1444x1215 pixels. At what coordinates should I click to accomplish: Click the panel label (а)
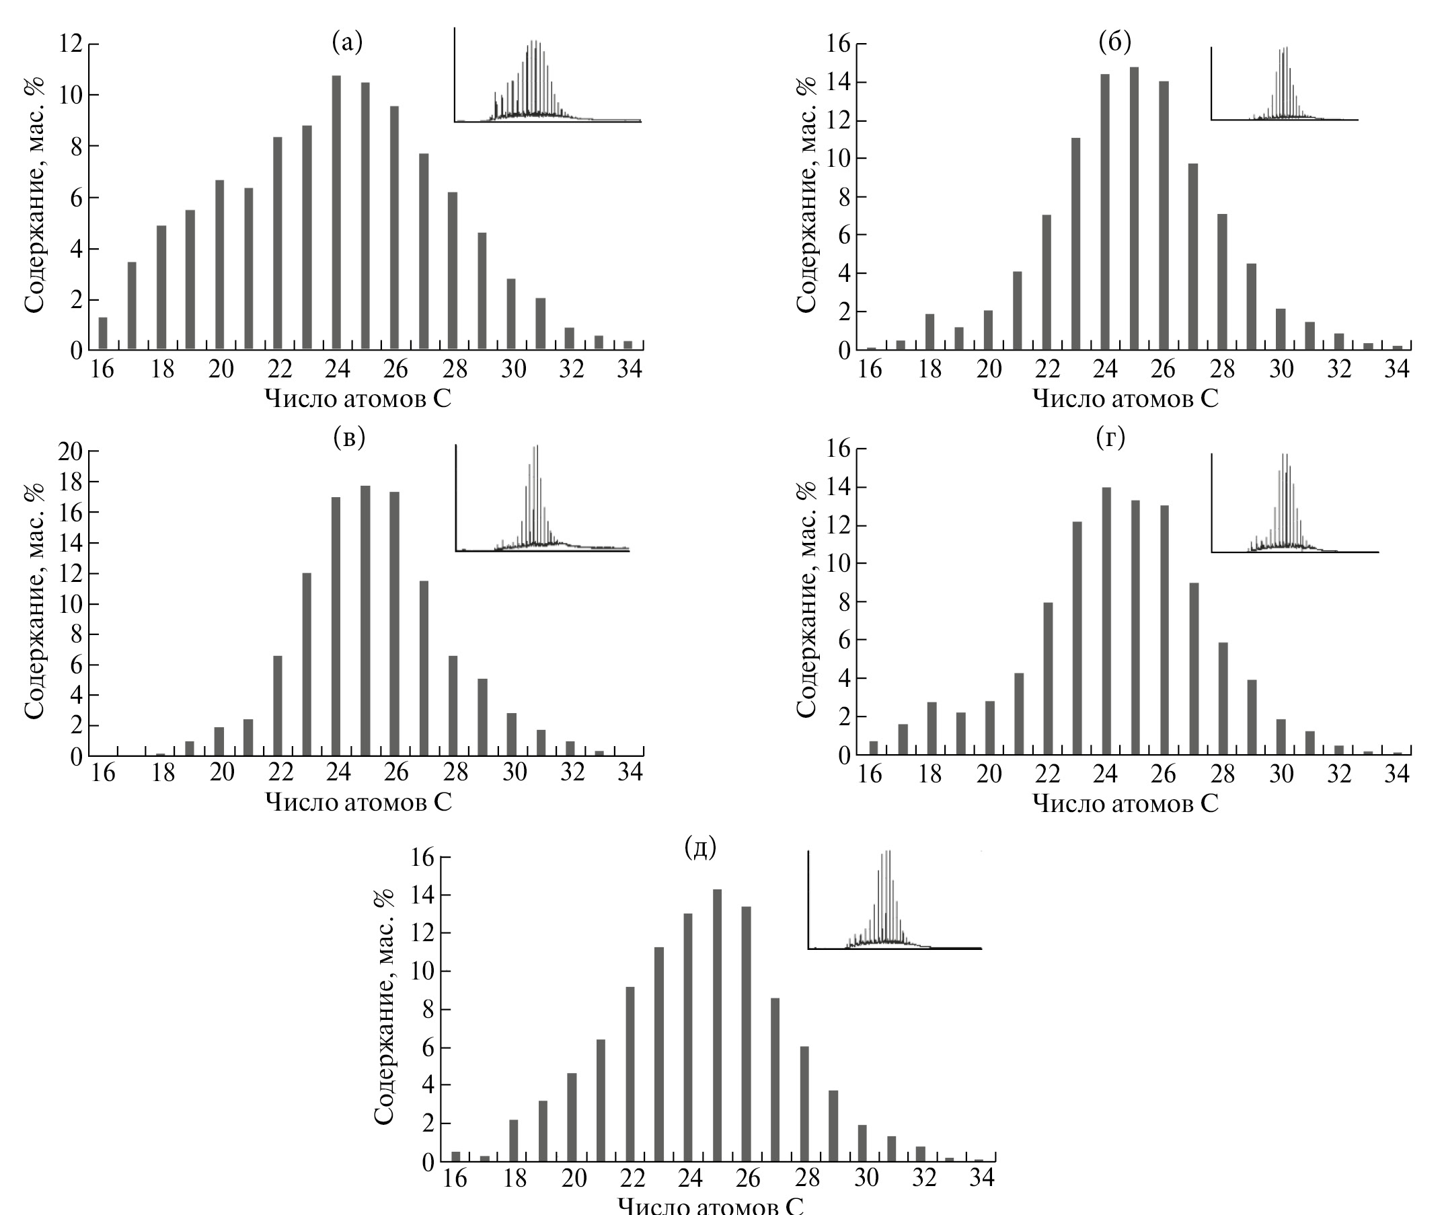pos(347,42)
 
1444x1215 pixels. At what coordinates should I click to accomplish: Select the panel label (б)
pos(1115,42)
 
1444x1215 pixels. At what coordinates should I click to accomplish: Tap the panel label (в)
pos(348,437)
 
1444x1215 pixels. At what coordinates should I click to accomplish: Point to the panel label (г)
pos(1110,437)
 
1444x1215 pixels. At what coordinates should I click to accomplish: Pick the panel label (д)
pos(700,848)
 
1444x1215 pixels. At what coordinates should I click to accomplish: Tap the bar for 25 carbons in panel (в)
pos(366,620)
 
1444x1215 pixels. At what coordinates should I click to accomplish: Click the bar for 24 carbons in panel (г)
pos(1106,620)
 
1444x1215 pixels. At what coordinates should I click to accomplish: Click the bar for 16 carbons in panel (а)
pos(104,334)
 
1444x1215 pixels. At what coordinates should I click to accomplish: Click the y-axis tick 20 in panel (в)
pos(70,451)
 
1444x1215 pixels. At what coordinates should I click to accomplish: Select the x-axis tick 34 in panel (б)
pos(1397,370)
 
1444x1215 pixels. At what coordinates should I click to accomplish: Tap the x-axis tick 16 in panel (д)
pos(455,1179)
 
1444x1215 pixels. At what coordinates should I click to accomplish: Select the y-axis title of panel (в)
pos(34,601)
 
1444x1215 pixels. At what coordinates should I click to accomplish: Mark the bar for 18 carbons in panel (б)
pos(930,331)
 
